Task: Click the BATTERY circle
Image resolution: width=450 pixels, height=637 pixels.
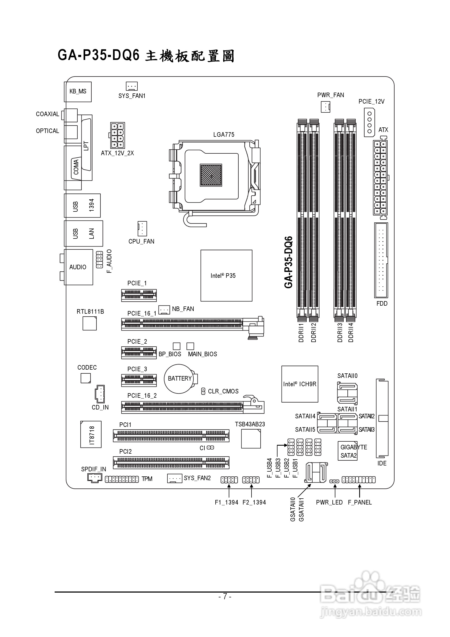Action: pyautogui.click(x=179, y=379)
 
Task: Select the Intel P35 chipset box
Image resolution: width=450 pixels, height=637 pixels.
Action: pyautogui.click(x=226, y=275)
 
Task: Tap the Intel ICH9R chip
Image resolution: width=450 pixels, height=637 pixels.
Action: pyautogui.click(x=299, y=384)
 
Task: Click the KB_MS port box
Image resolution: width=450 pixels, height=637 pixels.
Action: pyautogui.click(x=78, y=92)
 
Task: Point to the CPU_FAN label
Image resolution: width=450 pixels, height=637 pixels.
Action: pyautogui.click(x=141, y=241)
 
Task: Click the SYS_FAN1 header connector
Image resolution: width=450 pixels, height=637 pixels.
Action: pyautogui.click(x=132, y=86)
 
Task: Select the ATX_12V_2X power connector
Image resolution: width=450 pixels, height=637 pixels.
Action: pyautogui.click(x=117, y=135)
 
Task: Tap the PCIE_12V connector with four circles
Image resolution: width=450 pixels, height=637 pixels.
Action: pyautogui.click(x=369, y=122)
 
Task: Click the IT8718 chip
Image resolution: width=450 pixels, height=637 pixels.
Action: pyautogui.click(x=91, y=434)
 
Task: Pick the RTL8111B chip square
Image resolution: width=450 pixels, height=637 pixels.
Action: pyautogui.click(x=89, y=324)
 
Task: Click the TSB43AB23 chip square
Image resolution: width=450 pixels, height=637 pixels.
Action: pyautogui.click(x=251, y=439)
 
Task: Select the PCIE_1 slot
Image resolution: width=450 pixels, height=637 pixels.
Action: pyautogui.click(x=139, y=295)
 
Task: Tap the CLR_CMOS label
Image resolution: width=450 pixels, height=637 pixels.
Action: pyautogui.click(x=223, y=391)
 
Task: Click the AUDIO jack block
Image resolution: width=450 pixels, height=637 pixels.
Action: pyautogui.click(x=78, y=267)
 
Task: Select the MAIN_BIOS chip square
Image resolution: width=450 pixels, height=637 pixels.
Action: pyautogui.click(x=190, y=346)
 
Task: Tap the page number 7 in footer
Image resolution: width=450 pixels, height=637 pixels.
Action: pyautogui.click(x=225, y=596)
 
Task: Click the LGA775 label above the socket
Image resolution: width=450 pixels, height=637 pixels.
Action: pyautogui.click(x=224, y=135)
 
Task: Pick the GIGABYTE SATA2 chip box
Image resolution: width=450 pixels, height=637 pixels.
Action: pyautogui.click(x=348, y=451)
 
